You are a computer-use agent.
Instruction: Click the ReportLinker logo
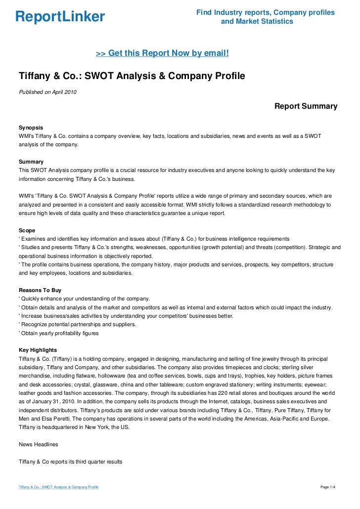pos(60,17)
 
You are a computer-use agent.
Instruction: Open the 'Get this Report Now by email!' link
pos(162,53)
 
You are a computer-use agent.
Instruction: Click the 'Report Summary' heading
pos(306,106)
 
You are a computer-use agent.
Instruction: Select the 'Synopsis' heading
pos(31,127)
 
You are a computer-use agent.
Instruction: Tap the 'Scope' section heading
pos(27,230)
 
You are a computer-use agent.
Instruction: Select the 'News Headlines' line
pos(38,444)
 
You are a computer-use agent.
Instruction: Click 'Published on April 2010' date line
pos(47,92)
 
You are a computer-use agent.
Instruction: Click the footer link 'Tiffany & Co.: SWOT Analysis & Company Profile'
pos(58,488)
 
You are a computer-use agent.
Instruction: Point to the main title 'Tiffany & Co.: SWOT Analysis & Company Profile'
pos(132,77)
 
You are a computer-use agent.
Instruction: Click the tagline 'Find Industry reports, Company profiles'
pos(266,12)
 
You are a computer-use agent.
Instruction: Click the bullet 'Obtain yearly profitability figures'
pos(59,333)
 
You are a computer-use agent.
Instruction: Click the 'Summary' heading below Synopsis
pos(31,162)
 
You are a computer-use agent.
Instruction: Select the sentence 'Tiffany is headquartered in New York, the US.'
pos(74,427)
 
